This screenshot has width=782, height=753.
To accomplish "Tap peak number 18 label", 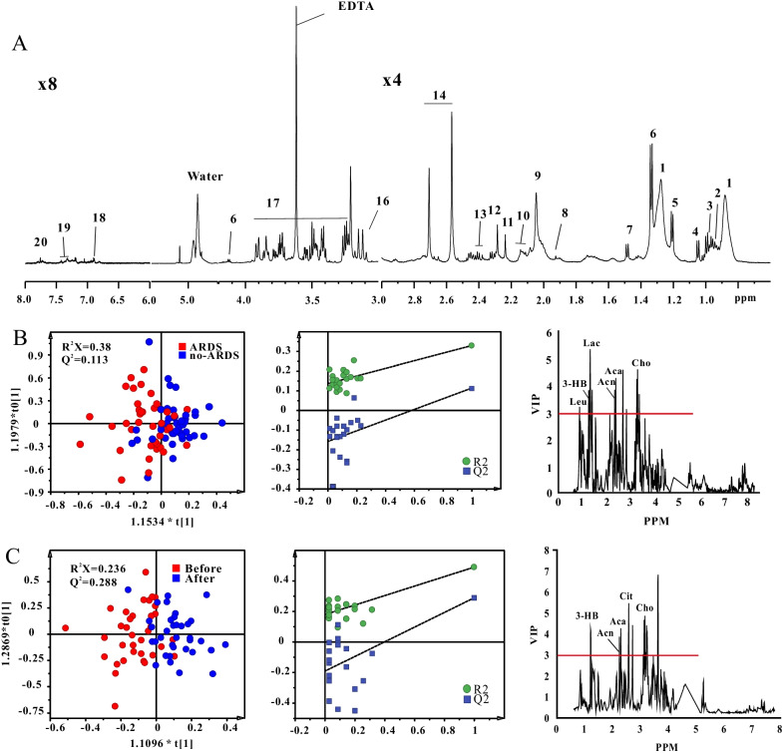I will point(98,218).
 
